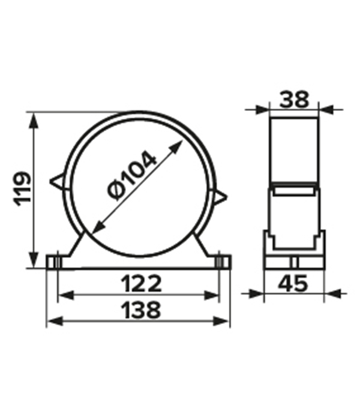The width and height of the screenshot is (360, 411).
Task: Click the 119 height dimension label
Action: [x=22, y=189]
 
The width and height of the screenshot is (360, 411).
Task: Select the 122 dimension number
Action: [x=141, y=283]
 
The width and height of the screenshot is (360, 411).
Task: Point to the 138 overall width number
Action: [x=142, y=310]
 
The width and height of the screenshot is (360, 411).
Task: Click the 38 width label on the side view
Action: [x=294, y=100]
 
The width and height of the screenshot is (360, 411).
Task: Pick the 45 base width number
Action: [x=293, y=283]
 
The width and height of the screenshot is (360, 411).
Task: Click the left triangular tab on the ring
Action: [x=57, y=181]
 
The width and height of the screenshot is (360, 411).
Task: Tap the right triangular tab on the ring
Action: [x=220, y=197]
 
